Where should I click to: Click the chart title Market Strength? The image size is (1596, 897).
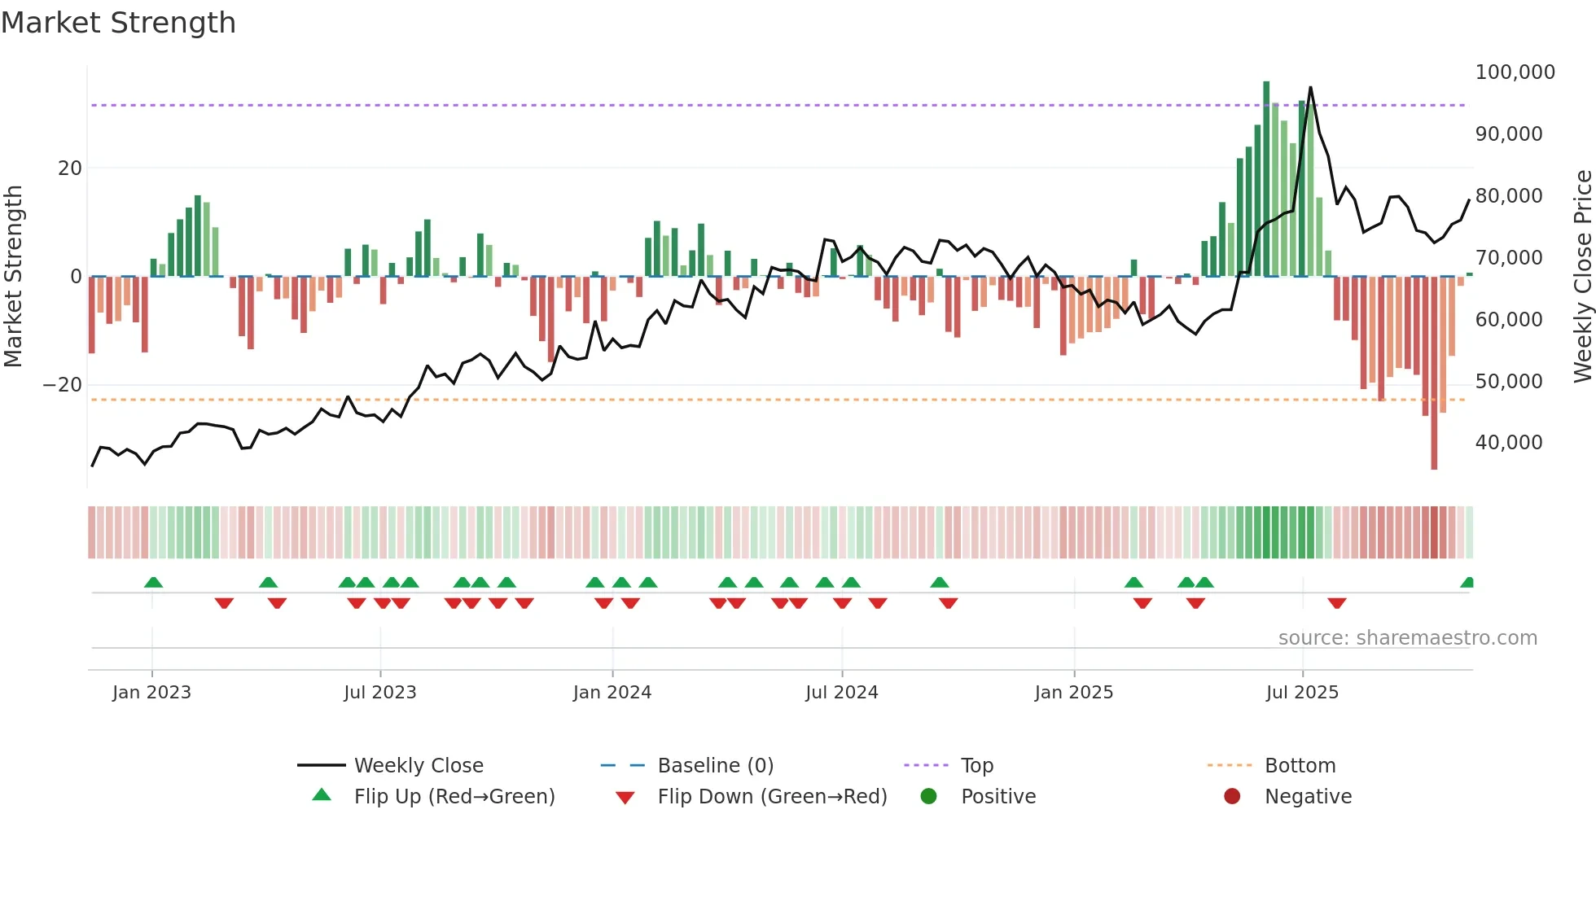[x=118, y=23]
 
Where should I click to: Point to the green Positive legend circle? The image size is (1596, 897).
[x=928, y=796]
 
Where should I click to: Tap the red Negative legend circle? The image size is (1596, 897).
[x=1232, y=796]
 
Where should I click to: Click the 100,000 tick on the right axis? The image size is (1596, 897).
[x=1515, y=72]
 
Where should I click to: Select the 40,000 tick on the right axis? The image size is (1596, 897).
[x=1508, y=443]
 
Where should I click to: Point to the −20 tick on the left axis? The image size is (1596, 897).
[x=63, y=385]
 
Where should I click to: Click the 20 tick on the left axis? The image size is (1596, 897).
[x=70, y=168]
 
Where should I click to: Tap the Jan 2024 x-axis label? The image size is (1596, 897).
[x=612, y=693]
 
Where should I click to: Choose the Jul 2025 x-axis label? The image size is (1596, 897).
[x=1302, y=693]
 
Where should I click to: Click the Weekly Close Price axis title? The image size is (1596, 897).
[x=1582, y=277]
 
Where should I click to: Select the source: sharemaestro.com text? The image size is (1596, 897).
[x=1407, y=638]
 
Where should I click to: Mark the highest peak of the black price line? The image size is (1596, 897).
[x=1310, y=88]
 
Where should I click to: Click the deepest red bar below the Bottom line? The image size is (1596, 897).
[x=1434, y=440]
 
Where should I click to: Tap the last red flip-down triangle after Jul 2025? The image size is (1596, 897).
[x=1337, y=603]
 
